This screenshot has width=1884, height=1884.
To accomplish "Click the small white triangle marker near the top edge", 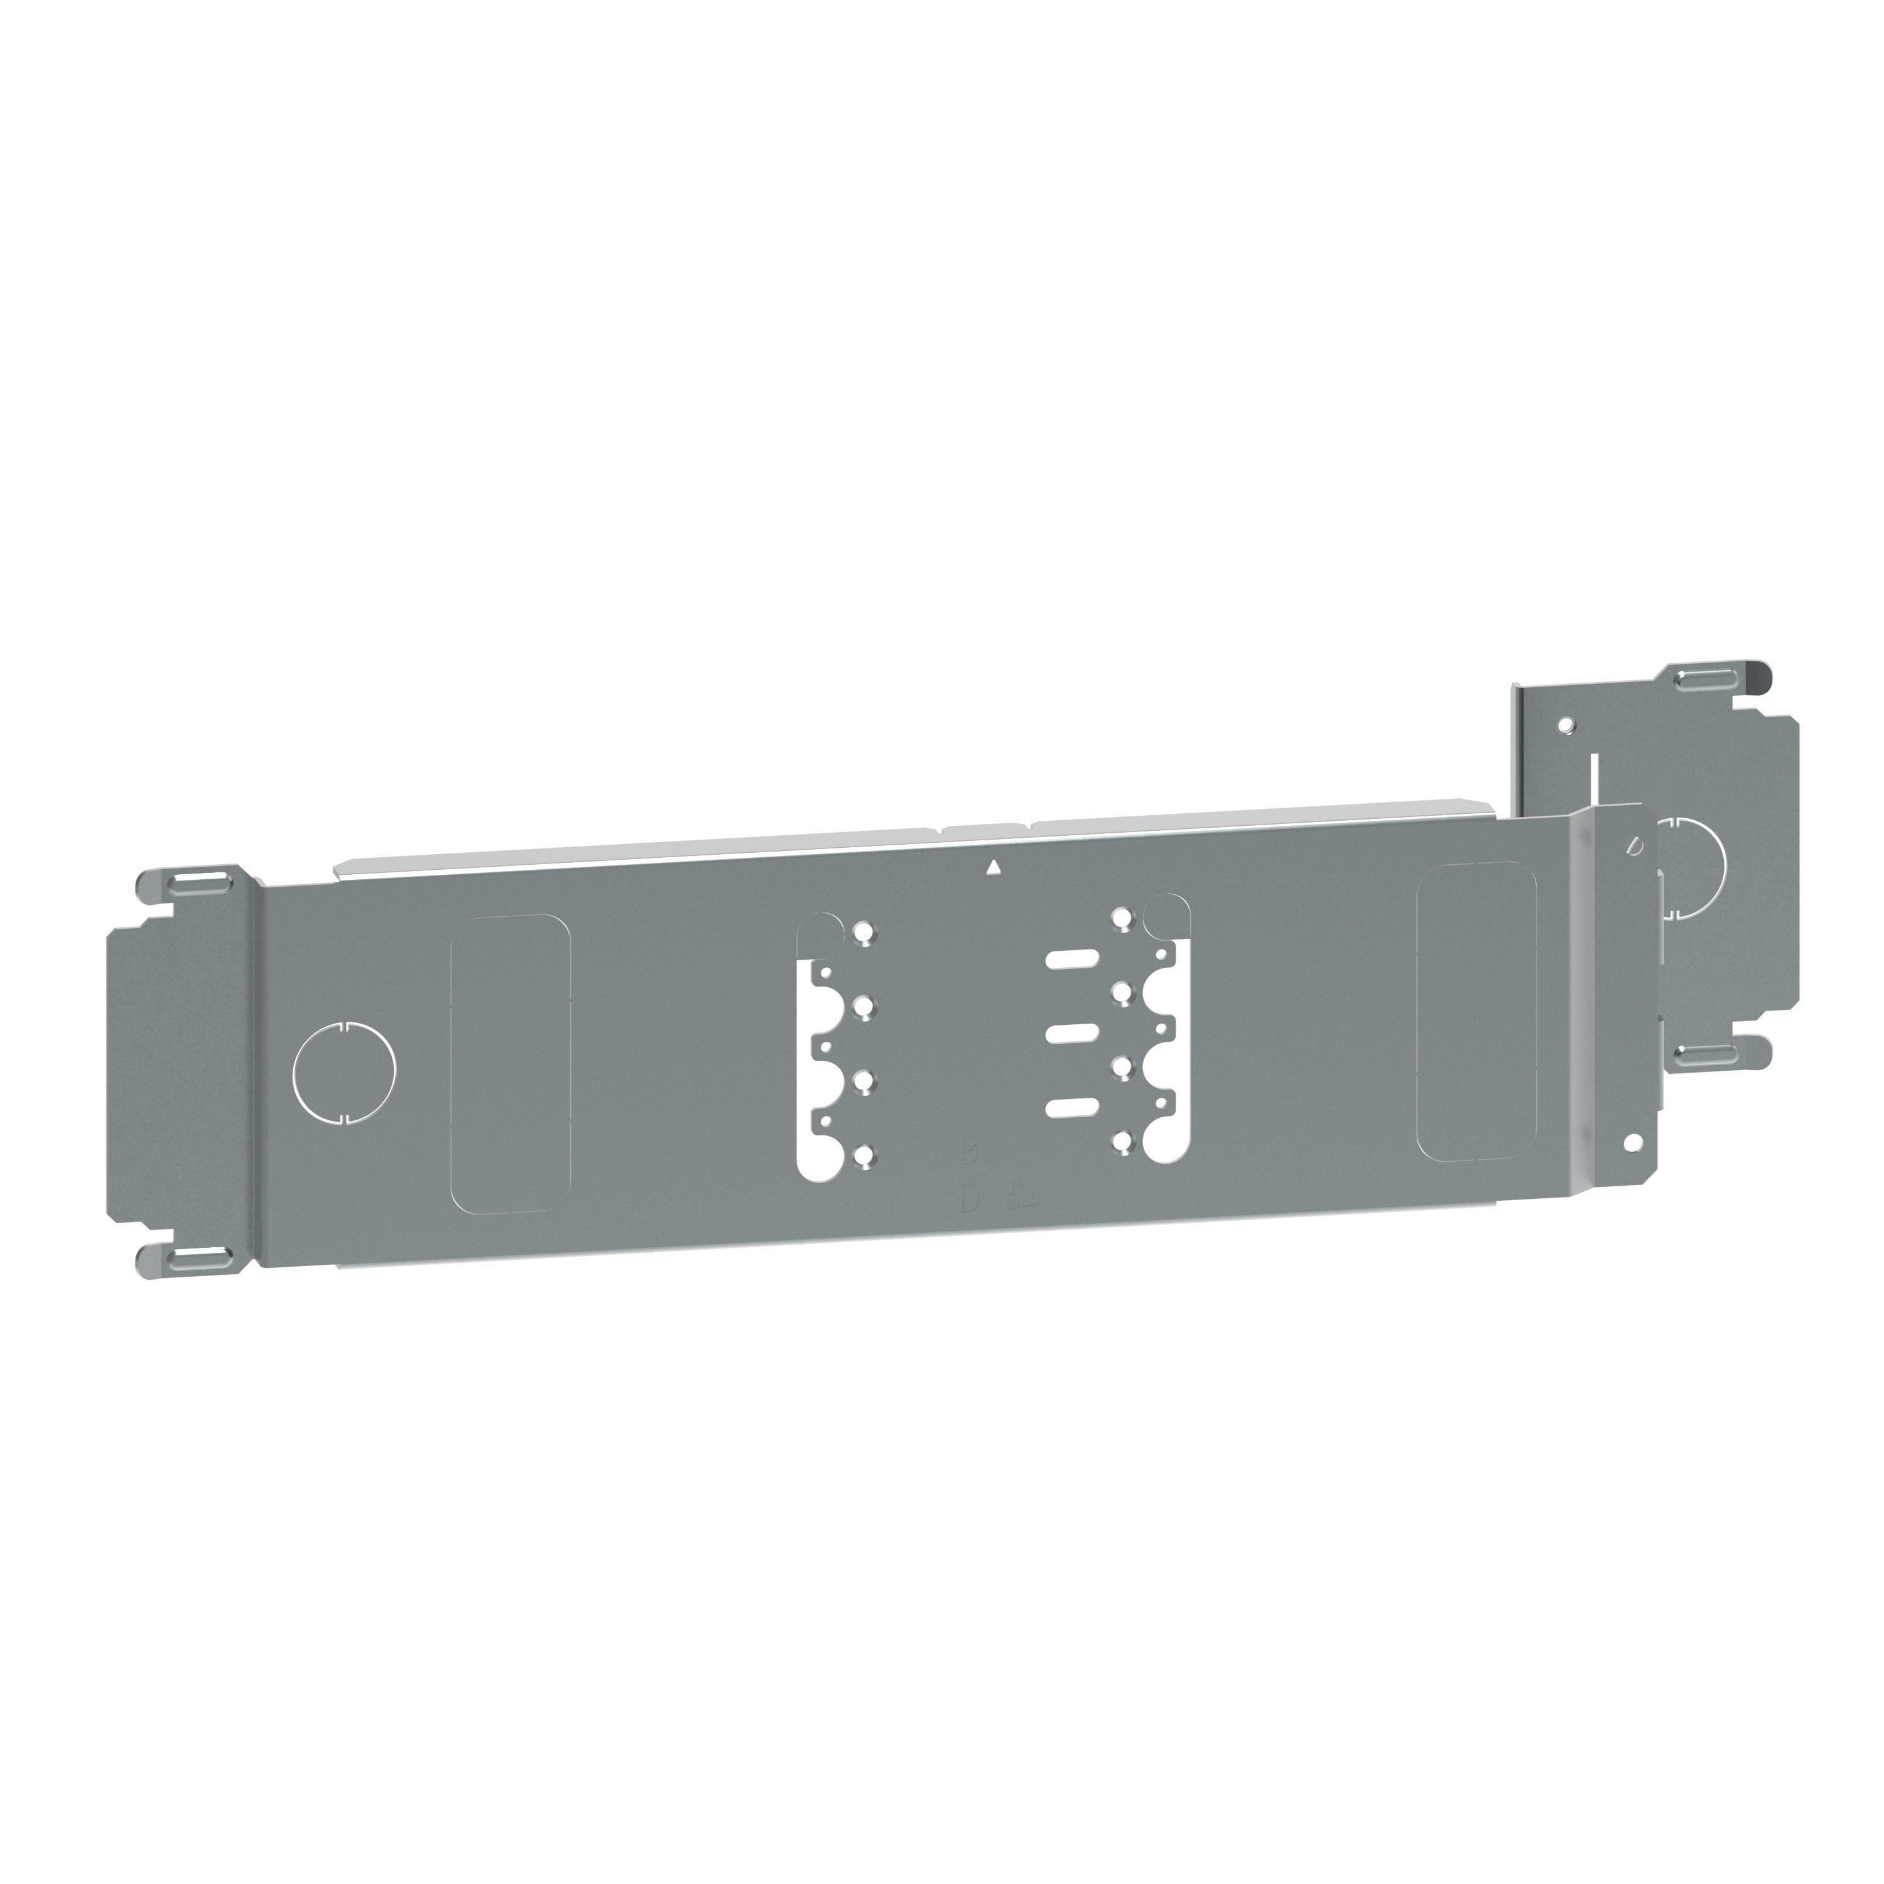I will pos(993,866).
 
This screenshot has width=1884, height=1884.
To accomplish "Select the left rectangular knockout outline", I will pos(510,1064).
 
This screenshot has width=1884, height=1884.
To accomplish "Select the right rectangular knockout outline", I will pos(1475,1012).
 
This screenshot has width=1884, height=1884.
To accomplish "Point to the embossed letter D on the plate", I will pos(968,1199).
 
